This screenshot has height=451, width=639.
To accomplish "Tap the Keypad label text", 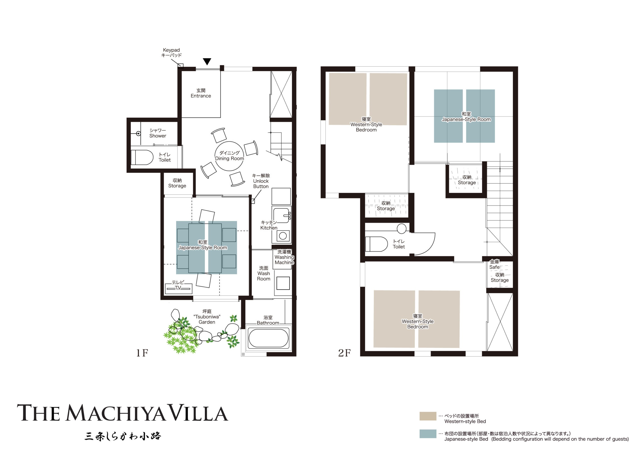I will point(171,50).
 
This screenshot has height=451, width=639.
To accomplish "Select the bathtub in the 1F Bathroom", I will point(268,338).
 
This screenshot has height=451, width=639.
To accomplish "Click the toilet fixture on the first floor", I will point(142,157).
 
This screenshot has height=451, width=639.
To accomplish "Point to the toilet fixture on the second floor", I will point(376,244).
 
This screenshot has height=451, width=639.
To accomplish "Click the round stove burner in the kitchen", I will point(283,236).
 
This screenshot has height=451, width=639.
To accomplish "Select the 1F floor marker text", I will point(142,353).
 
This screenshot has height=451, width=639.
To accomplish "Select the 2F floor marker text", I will point(344,353).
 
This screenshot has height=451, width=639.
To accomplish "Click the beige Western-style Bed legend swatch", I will point(428,416).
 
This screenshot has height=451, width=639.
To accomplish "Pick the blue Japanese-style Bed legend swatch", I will point(428,434).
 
